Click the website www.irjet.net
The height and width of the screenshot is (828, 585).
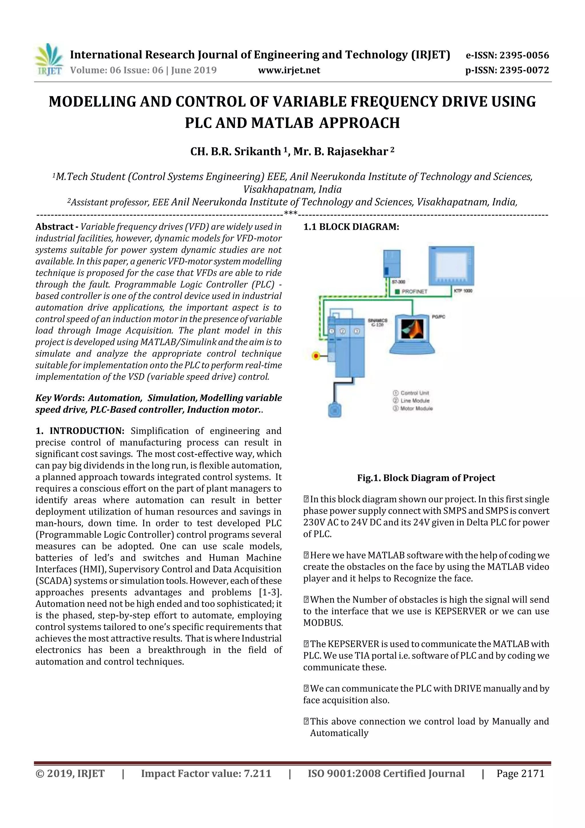click(289, 70)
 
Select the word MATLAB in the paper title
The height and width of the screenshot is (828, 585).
click(282, 123)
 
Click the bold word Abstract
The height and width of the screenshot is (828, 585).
click(54, 227)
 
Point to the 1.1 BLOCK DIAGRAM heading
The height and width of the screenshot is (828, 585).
click(351, 227)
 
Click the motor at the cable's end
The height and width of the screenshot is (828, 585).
click(334, 410)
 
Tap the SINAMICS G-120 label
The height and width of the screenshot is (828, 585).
click(377, 322)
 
